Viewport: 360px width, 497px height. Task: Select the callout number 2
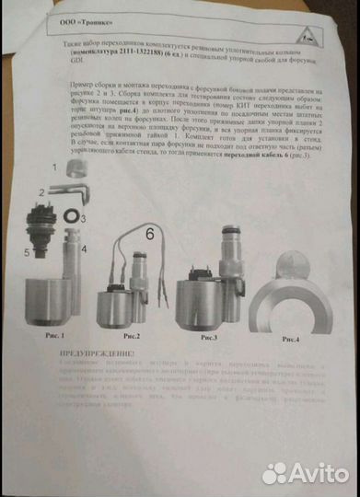tap(41, 192)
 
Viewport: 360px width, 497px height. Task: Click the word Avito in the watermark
tap(319, 473)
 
